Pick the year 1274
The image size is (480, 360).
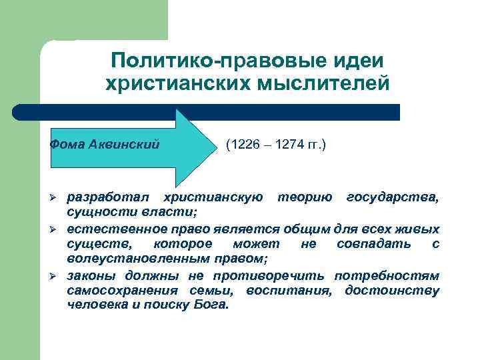coord(291,144)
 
